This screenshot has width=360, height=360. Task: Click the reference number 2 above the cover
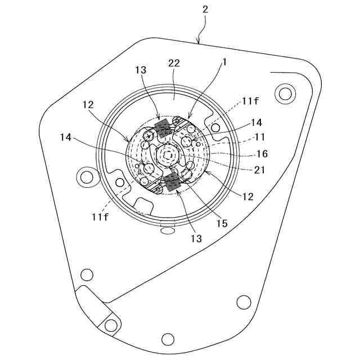click(x=205, y=10)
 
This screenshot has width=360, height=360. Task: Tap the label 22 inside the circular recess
click(x=174, y=64)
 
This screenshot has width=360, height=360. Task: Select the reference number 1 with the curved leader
click(x=224, y=62)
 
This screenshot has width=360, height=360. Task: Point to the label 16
click(x=262, y=154)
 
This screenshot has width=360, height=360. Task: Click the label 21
click(x=259, y=170)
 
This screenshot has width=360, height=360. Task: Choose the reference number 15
click(x=222, y=223)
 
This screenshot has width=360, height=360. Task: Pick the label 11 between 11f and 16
click(x=260, y=137)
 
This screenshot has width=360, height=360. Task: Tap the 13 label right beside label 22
click(x=141, y=70)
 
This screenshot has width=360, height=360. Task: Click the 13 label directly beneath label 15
click(x=196, y=238)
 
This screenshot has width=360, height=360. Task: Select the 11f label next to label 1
click(x=250, y=101)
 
